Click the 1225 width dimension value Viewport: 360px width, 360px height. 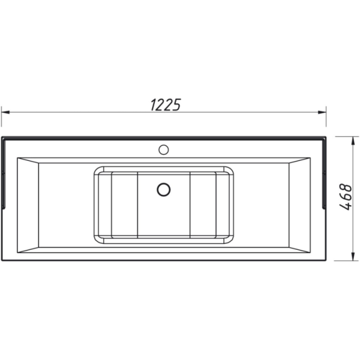(x=166, y=104)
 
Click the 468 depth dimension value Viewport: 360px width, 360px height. (x=346, y=197)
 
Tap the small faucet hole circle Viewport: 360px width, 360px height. (x=163, y=150)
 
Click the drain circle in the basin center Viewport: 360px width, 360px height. (x=163, y=189)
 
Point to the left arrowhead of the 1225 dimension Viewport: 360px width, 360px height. (x=5, y=112)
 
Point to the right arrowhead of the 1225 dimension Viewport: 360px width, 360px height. (x=322, y=112)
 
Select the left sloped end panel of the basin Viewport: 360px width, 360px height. (x=28, y=205)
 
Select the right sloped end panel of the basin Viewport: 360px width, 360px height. (x=300, y=205)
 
